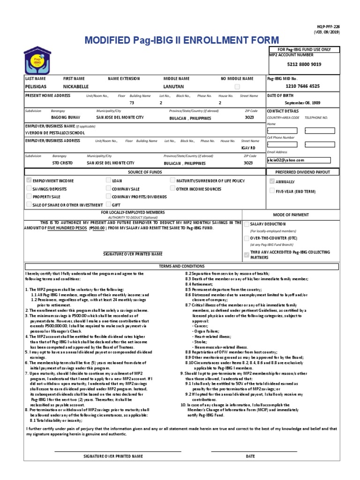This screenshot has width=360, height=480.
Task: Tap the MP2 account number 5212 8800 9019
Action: click(x=305, y=64)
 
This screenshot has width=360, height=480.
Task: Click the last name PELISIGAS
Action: click(x=36, y=87)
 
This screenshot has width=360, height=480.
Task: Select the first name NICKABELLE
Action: click(x=75, y=87)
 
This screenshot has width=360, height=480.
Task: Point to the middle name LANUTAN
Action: click(x=173, y=87)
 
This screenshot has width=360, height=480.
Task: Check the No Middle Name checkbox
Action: click(x=237, y=87)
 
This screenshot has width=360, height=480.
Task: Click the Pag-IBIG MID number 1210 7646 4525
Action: click(x=303, y=86)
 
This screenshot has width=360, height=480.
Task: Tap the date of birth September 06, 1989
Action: click(x=303, y=103)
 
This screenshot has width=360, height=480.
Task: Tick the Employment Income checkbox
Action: click(x=29, y=180)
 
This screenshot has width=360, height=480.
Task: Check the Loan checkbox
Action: click(x=108, y=180)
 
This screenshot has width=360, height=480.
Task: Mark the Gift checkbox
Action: click(x=108, y=205)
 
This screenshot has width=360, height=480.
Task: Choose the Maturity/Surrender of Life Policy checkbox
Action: click(x=172, y=180)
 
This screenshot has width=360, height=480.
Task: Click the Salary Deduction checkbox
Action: click(x=247, y=225)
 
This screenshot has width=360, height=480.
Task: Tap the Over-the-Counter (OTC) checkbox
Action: click(x=247, y=239)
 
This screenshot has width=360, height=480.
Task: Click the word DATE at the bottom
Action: click(x=250, y=456)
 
